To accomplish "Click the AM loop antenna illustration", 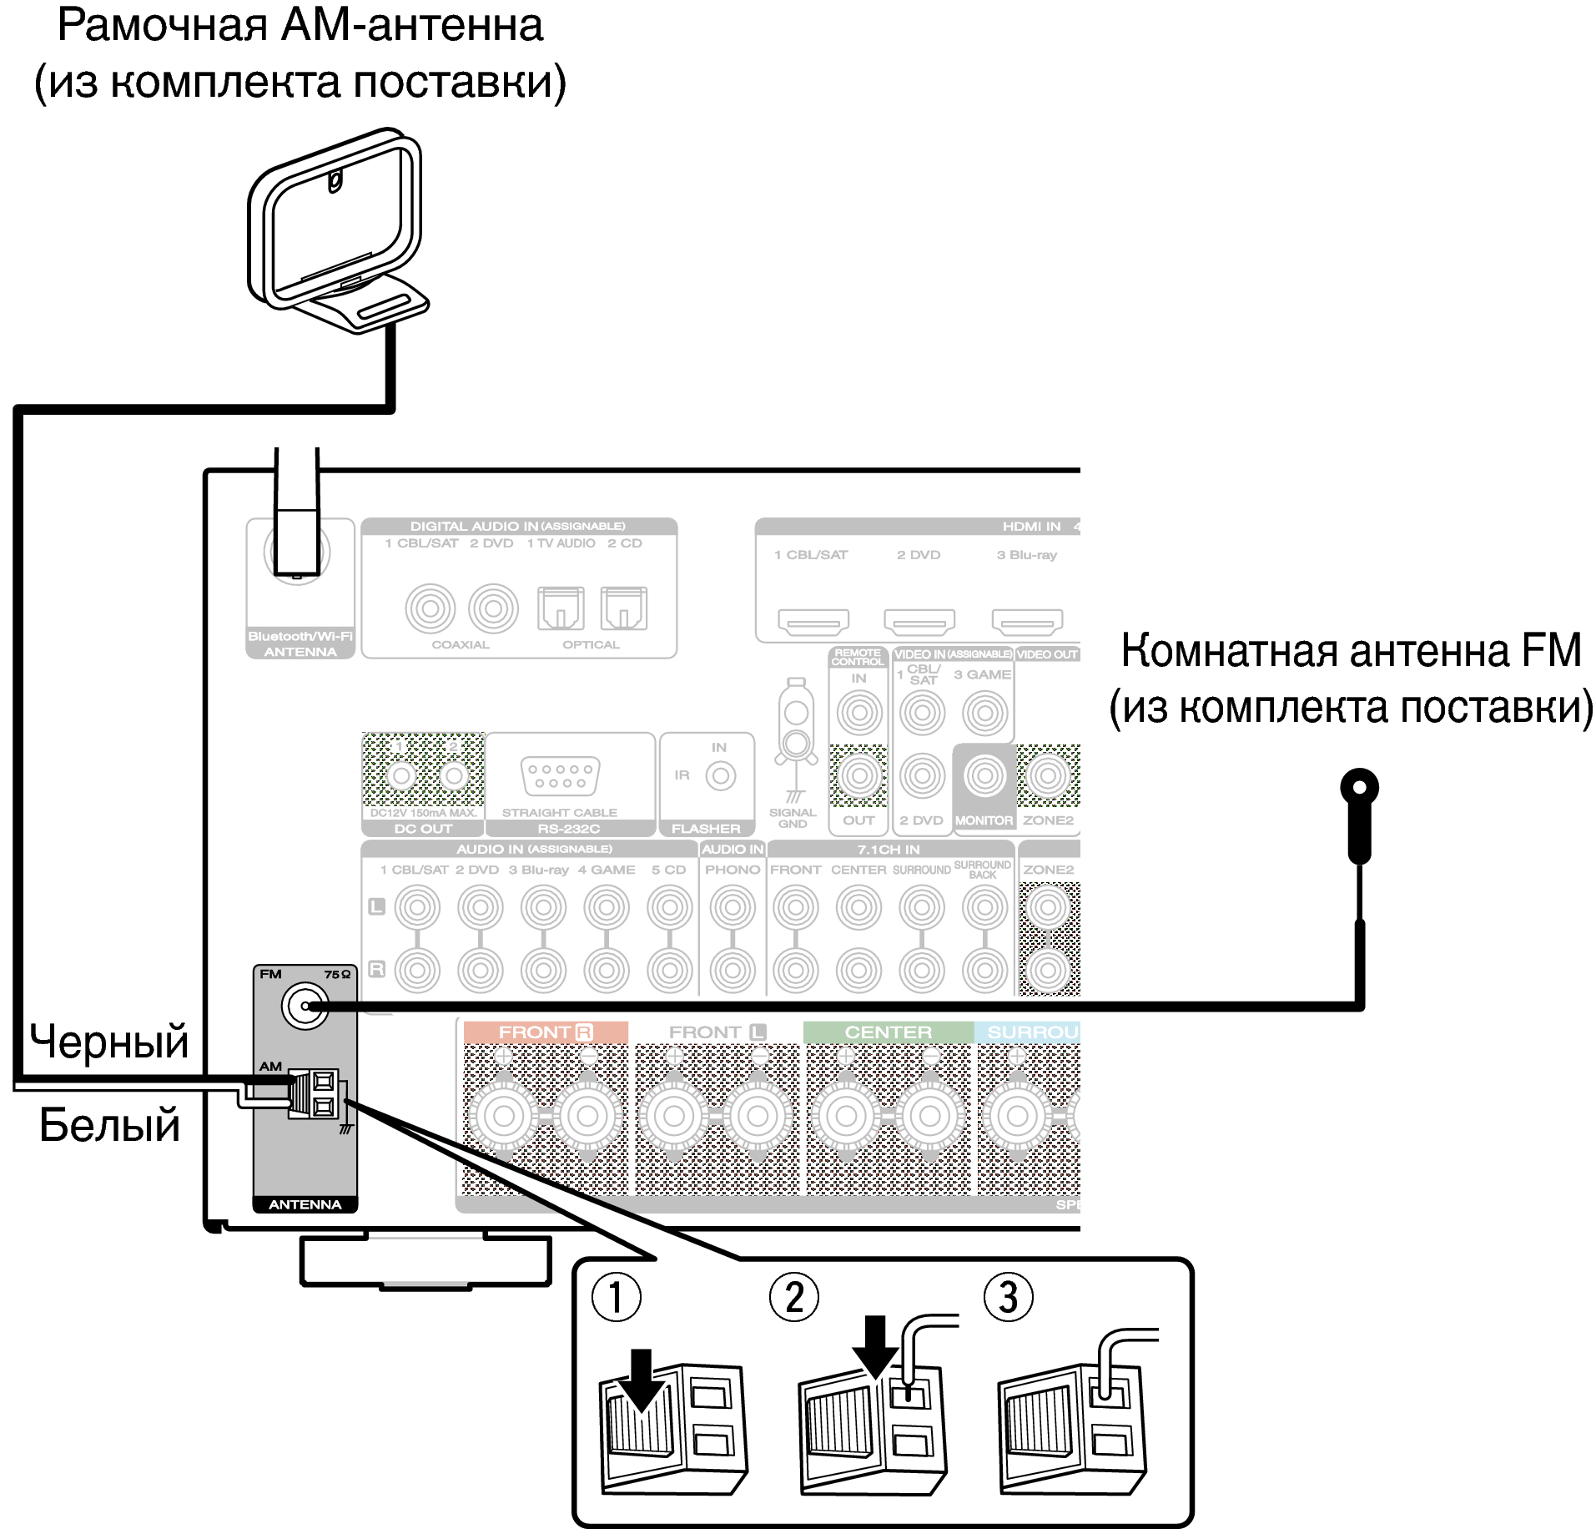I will coord(337,230).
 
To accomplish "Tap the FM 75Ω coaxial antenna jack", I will coord(305,1006).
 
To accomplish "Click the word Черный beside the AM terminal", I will coord(109,1042).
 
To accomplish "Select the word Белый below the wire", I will coord(109,1124).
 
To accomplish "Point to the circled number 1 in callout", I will coord(616,1298).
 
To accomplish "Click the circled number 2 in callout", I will coord(793,1298).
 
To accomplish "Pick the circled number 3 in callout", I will coord(1008,1298).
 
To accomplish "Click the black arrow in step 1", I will coord(640,1380).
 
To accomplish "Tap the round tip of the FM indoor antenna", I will coord(1359,787).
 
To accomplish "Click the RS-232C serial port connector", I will coord(560,776).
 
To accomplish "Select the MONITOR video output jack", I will coord(984,776).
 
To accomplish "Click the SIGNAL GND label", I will coord(793,818).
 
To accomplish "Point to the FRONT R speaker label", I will coord(545,1032).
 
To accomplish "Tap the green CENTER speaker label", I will coord(888,1032).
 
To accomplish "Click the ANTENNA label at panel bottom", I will coord(305,1204).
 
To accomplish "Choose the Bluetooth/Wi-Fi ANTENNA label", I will coord(300,643).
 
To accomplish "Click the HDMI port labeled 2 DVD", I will coord(919,622).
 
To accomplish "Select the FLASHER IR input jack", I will coord(720,776).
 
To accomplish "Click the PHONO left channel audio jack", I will coord(733,907).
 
